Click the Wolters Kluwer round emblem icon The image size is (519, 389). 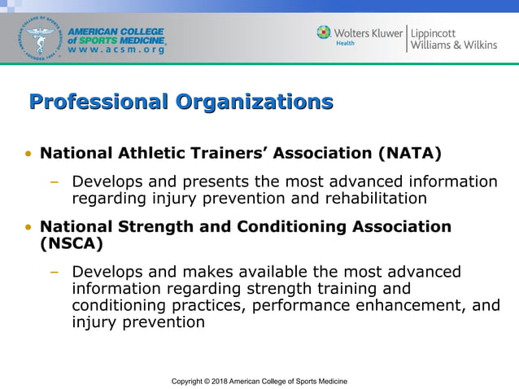click(x=325, y=32)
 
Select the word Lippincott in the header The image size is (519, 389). click(x=440, y=33)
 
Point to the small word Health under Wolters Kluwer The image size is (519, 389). click(x=345, y=43)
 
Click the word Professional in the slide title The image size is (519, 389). click(x=96, y=103)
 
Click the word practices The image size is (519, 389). click(x=206, y=305)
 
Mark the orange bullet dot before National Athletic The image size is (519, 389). click(x=28, y=154)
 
